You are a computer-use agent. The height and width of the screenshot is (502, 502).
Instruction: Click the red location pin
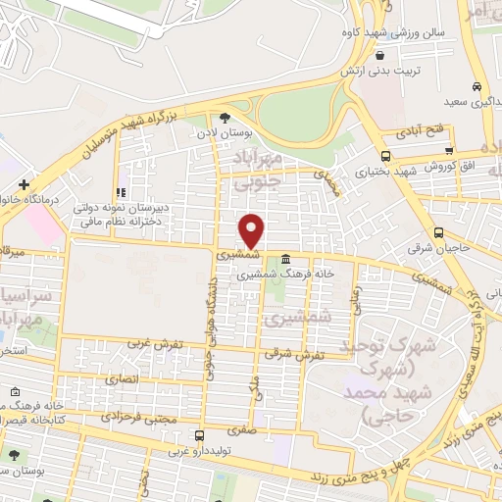coord(252,229)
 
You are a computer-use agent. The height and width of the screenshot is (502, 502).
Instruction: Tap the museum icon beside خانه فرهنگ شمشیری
coord(285,260)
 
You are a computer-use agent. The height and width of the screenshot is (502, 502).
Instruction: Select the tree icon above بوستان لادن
coord(225,119)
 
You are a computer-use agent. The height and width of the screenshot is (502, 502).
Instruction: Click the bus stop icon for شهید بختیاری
coord(385,157)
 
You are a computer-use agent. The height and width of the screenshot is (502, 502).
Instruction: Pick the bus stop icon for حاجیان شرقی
coord(438,232)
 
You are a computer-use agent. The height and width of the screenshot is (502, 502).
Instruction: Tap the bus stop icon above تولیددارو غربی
coord(199,436)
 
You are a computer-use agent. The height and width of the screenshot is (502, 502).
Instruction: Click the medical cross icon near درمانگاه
coord(23,183)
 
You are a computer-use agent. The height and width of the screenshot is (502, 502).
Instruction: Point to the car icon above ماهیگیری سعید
coord(476,86)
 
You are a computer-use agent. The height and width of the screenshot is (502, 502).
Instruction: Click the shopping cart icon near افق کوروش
coord(449,151)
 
